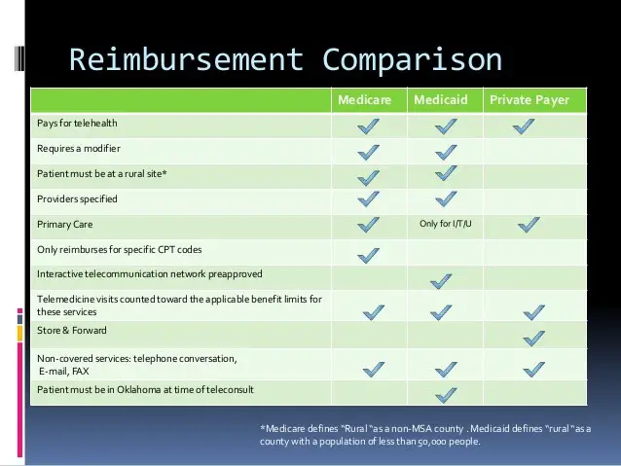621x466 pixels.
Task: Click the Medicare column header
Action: tap(364, 100)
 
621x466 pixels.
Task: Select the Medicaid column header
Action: tap(440, 100)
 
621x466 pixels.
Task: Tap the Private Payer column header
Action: tap(530, 100)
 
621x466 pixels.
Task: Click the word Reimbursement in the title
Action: tap(187, 59)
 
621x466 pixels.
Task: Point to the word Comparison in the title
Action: tap(413, 60)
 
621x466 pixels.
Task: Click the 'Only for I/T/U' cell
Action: tap(446, 224)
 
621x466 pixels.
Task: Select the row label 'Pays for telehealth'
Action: tap(77, 124)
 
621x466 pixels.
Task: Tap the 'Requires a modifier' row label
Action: tap(79, 149)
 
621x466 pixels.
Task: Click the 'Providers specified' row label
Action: tap(77, 198)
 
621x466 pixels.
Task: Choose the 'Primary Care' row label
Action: tap(65, 224)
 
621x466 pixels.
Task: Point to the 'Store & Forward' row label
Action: tap(72, 330)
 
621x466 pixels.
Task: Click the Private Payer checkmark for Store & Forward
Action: tap(533, 339)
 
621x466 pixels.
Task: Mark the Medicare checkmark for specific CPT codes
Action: tap(368, 255)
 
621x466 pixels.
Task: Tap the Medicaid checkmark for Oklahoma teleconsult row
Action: tap(446, 395)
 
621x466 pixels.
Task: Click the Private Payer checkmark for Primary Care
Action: tap(529, 225)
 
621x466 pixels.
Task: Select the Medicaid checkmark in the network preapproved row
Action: tap(441, 281)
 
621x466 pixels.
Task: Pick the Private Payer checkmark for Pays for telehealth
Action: tap(524, 126)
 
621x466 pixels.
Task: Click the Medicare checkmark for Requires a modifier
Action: tap(368, 153)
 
